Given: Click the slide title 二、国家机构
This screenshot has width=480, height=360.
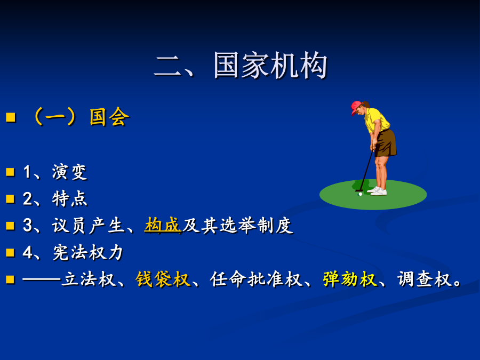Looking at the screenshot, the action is click(241, 66).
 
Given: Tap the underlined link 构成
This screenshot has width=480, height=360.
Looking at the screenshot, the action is click(163, 225).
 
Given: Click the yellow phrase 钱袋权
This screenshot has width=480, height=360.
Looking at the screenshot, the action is click(163, 279).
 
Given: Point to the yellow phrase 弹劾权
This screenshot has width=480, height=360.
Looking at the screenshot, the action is click(350, 279).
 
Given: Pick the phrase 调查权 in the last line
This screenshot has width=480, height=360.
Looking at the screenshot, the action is click(425, 279).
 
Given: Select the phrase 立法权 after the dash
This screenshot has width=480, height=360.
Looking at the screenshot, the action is click(88, 279).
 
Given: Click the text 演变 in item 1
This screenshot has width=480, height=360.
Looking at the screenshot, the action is click(70, 172).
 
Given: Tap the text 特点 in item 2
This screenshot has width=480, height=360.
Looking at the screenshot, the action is click(70, 199).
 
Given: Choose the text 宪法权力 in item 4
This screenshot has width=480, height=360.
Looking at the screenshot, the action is click(88, 253).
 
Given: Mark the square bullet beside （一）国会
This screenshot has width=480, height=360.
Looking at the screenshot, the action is click(11, 117).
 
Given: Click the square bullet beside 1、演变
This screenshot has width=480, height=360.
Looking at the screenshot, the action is click(10, 172).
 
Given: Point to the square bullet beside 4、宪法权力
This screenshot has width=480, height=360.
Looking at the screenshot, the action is click(10, 253).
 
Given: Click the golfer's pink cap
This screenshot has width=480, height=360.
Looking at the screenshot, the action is click(356, 107).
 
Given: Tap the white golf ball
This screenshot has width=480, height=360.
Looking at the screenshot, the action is click(361, 194).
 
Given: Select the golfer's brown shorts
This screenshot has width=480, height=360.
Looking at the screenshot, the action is click(386, 143).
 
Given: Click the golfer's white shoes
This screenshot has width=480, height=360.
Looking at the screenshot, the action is click(378, 191).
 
